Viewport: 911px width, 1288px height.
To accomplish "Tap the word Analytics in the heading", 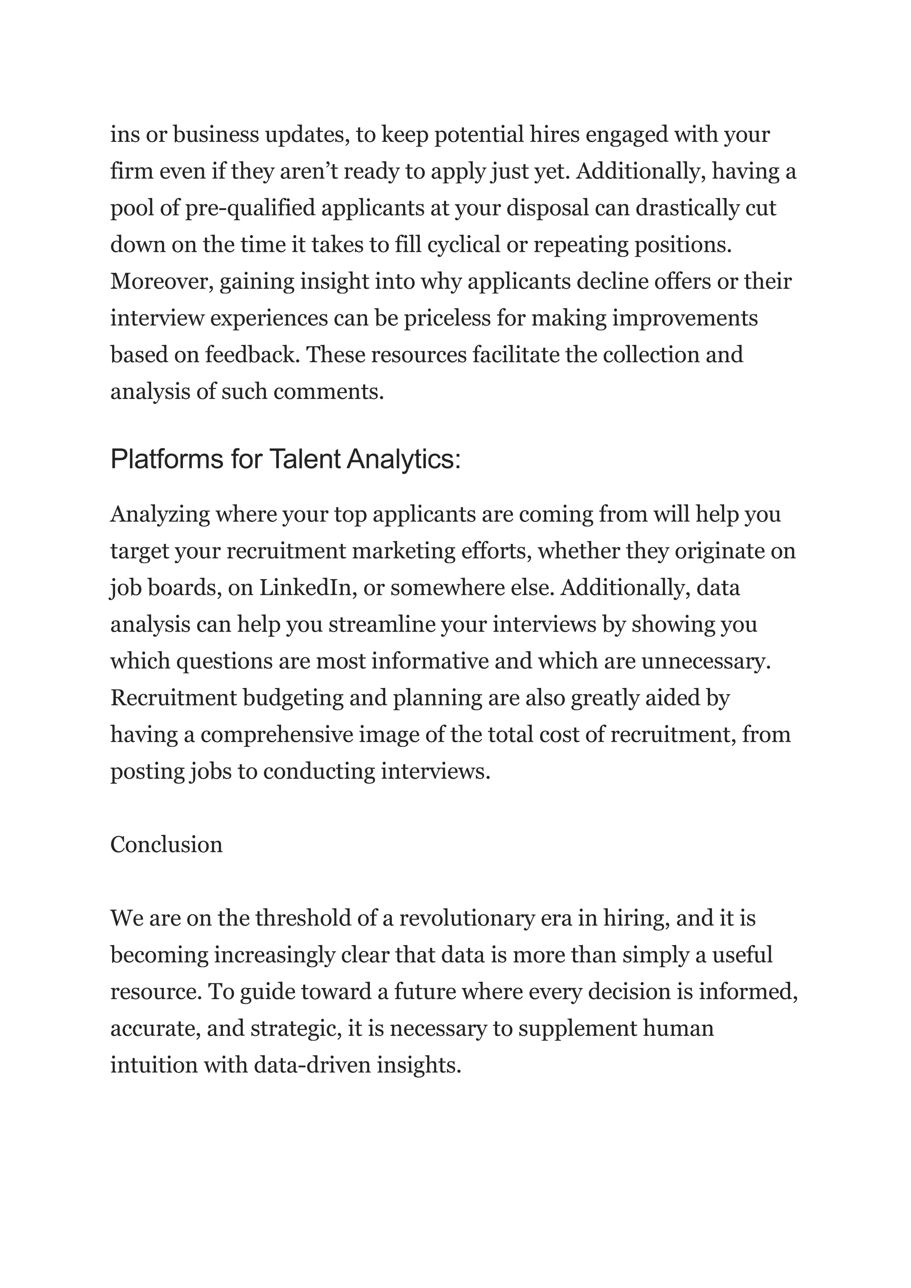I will [x=403, y=459].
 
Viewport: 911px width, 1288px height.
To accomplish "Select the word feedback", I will [x=250, y=354].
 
